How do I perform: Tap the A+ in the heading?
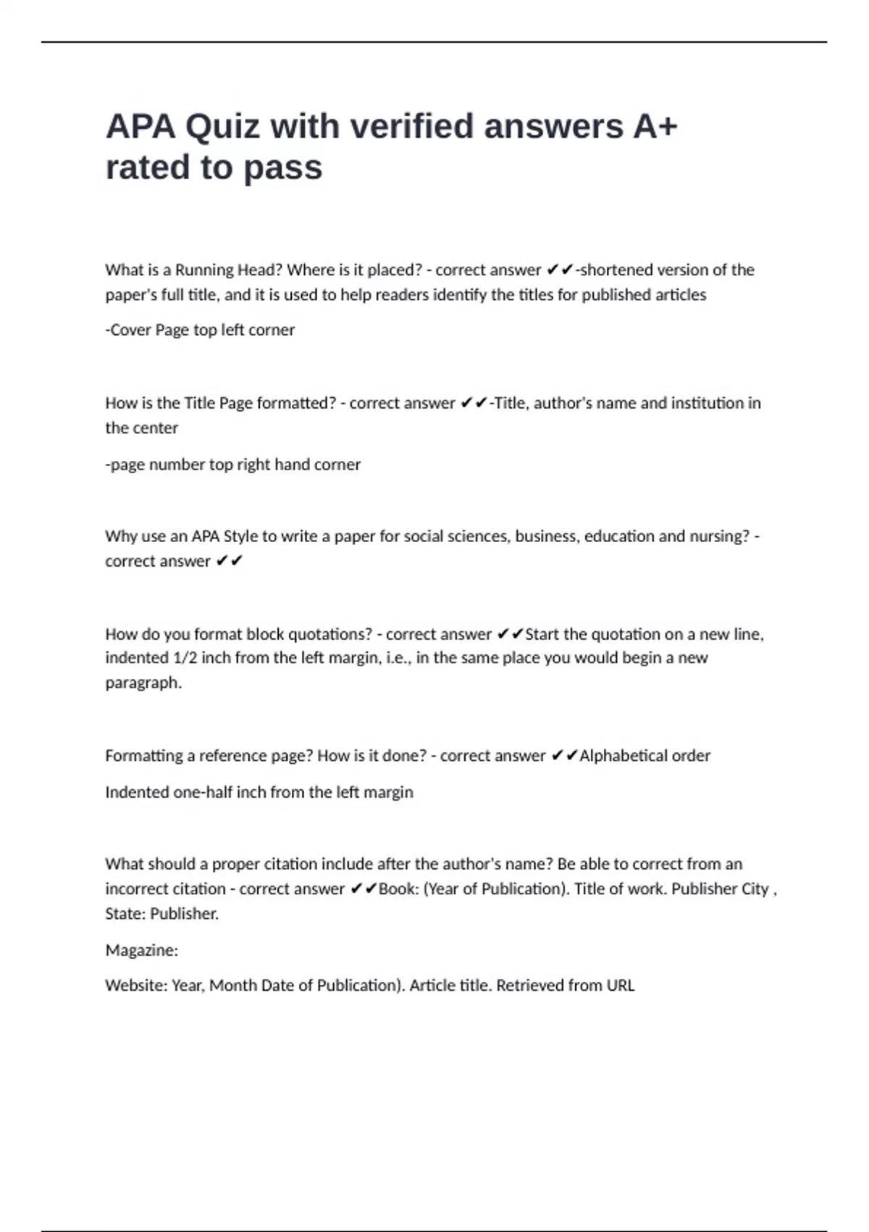coord(655,126)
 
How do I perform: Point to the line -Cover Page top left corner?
coord(200,330)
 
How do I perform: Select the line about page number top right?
coord(232,465)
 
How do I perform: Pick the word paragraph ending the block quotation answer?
coord(143,683)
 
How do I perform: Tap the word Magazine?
coord(141,950)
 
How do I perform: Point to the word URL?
coord(621,986)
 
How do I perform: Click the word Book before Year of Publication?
coord(396,889)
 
